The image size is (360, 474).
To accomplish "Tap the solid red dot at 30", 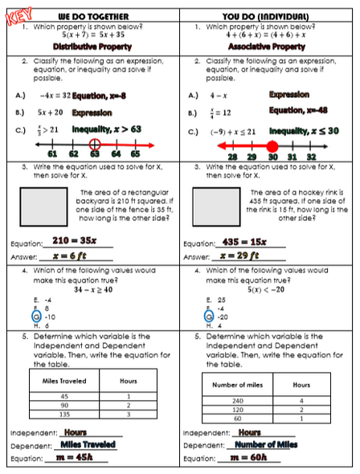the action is (272, 146).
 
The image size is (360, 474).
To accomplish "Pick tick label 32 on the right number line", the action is (311, 157).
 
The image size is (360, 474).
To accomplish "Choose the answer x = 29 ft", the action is (247, 255).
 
